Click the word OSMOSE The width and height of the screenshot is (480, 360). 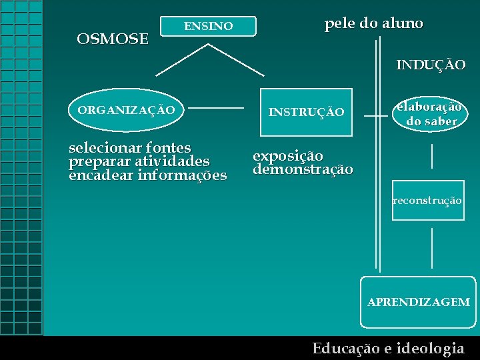pyautogui.click(x=113, y=39)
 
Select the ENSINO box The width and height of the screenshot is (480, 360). pyautogui.click(x=209, y=27)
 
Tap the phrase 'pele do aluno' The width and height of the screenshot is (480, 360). pyautogui.click(x=373, y=24)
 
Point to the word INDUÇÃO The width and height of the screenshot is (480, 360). pyautogui.click(x=431, y=65)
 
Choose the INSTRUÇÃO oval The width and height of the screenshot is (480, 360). pyautogui.click(x=306, y=112)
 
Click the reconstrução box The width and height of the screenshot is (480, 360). pyautogui.click(x=427, y=201)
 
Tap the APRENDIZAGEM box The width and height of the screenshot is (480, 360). pyautogui.click(x=419, y=302)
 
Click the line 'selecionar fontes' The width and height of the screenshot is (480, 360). pyautogui.click(x=130, y=147)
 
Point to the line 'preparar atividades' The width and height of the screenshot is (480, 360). pyautogui.click(x=139, y=161)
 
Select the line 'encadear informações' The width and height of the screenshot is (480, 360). pyautogui.click(x=147, y=176)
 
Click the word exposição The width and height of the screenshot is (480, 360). pyautogui.click(x=287, y=156)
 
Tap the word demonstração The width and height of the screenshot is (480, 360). pyautogui.click(x=303, y=169)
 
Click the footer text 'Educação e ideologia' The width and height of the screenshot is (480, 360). pyautogui.click(x=388, y=348)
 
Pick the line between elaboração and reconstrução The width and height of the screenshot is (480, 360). pyautogui.click(x=432, y=155)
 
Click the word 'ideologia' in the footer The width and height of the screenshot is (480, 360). pyautogui.click(x=430, y=348)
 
